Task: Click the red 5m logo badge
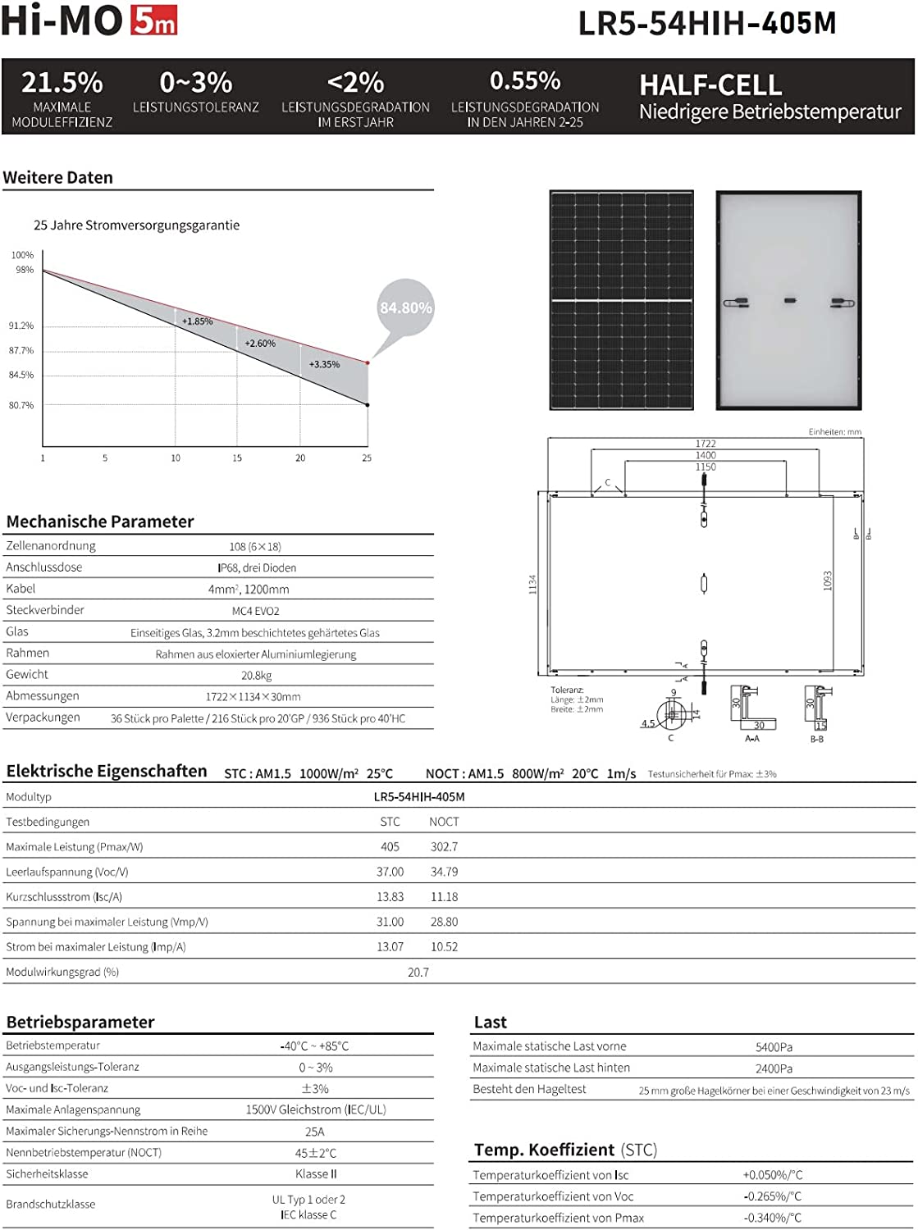[154, 21]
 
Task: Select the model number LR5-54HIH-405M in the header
[707, 23]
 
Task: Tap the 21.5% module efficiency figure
[62, 83]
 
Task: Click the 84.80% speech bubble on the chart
[405, 308]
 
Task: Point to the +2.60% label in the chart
[260, 344]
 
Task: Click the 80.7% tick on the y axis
[21, 405]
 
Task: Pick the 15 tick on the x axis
[237, 458]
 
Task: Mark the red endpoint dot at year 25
[368, 362]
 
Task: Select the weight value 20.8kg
[256, 676]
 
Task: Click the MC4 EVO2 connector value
[255, 611]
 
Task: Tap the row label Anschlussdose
[43, 567]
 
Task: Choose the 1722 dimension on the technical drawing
[706, 444]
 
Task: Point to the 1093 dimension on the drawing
[827, 581]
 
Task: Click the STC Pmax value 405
[390, 847]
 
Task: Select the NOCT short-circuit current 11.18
[444, 897]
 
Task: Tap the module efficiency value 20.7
[418, 973]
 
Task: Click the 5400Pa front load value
[774, 1047]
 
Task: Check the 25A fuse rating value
[315, 1132]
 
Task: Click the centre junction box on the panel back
[789, 301]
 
